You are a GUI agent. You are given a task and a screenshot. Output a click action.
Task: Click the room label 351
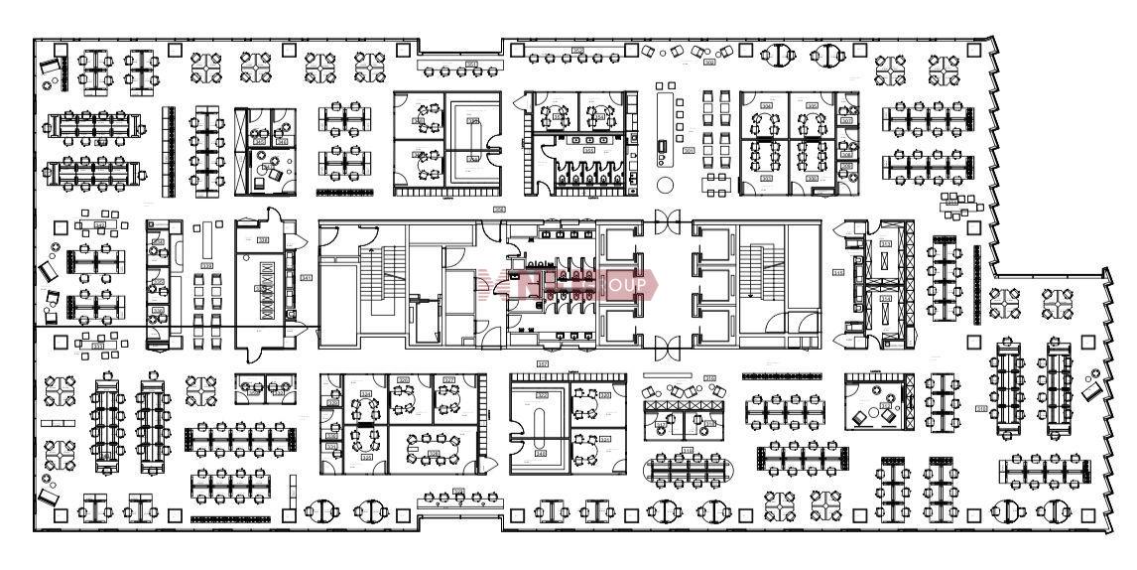pyautogui.click(x=306, y=277)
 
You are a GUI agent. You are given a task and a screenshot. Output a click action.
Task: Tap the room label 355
pyautogui.click(x=838, y=272)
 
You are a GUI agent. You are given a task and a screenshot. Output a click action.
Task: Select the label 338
pyautogui.click(x=265, y=239)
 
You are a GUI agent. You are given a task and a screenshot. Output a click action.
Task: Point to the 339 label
pyautogui.click(x=207, y=265)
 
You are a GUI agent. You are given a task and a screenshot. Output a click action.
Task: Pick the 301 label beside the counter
pyautogui.click(x=689, y=150)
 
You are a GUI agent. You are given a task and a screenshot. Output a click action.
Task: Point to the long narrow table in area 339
pyautogui.click(x=208, y=238)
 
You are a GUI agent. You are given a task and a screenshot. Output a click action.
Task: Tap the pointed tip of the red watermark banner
pyautogui.click(x=658, y=284)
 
